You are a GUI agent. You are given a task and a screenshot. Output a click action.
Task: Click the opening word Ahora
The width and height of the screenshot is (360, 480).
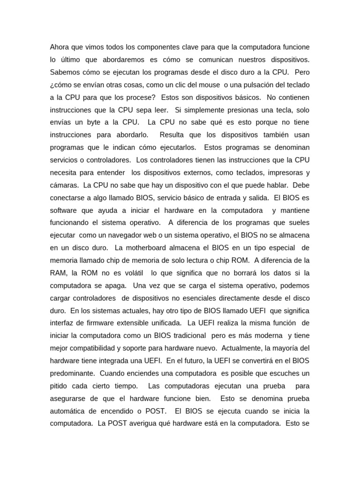pyautogui.click(x=60, y=47)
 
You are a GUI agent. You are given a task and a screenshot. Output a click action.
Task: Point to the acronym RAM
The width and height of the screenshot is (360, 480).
pyautogui.click(x=58, y=273)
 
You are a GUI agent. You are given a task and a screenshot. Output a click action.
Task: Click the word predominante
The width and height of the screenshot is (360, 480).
pyautogui.click(x=72, y=373)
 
